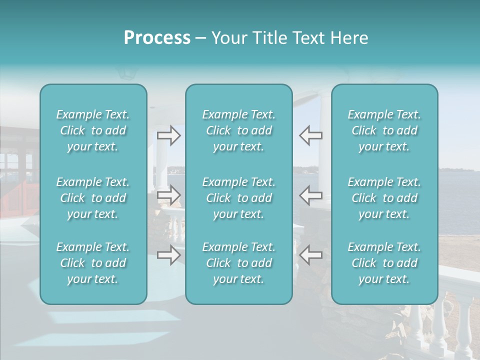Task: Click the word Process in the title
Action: (157, 38)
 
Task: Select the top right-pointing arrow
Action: (169, 135)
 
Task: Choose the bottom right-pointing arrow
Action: (169, 255)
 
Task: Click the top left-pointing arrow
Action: (310, 135)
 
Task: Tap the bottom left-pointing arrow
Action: (310, 255)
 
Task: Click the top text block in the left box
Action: (93, 130)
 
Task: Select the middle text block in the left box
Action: (93, 198)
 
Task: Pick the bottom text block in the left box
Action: (93, 263)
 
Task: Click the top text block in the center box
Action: (239, 130)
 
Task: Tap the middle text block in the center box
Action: (239, 198)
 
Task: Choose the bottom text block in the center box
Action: (239, 263)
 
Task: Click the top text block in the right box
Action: (384, 130)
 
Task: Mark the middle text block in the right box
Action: (384, 198)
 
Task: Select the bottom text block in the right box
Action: (384, 263)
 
